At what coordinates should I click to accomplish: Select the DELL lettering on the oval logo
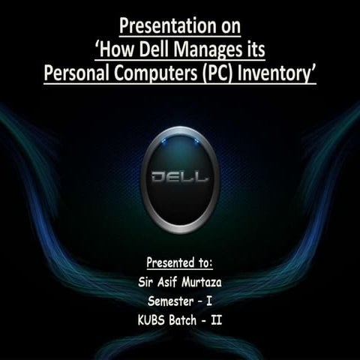click(180, 180)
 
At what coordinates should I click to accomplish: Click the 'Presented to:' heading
click(180, 263)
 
